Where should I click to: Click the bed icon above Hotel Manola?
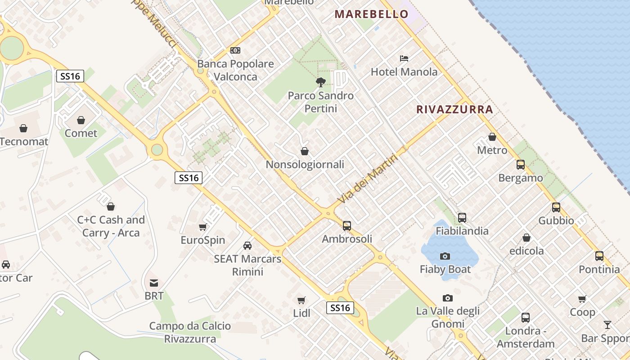pyautogui.click(x=404, y=58)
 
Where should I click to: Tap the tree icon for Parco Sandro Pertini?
pyautogui.click(x=320, y=82)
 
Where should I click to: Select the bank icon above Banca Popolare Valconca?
pyautogui.click(x=235, y=50)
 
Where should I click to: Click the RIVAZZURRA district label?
pyautogui.click(x=454, y=109)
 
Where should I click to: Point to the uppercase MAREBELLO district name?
pyautogui.click(x=372, y=14)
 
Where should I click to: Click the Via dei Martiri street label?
pyautogui.click(x=368, y=179)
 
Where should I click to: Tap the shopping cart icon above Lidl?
pyautogui.click(x=301, y=300)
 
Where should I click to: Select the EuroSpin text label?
pyautogui.click(x=203, y=240)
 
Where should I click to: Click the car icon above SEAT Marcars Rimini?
pyautogui.click(x=247, y=246)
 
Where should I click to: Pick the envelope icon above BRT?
pyautogui.click(x=154, y=283)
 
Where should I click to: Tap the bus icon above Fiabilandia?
pyautogui.click(x=462, y=218)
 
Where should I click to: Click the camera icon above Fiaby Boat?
pyautogui.click(x=445, y=256)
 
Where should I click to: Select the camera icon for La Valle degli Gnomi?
pyautogui.click(x=447, y=298)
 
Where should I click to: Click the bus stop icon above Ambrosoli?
pyautogui.click(x=347, y=225)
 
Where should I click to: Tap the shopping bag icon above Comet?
pyautogui.click(x=81, y=120)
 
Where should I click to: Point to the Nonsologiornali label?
pyautogui.click(x=305, y=164)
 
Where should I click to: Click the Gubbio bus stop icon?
pyautogui.click(x=556, y=207)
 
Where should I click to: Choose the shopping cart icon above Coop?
pyautogui.click(x=582, y=299)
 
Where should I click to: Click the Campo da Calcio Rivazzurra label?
pyautogui.click(x=190, y=332)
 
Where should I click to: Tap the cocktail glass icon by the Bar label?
pyautogui.click(x=607, y=325)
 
